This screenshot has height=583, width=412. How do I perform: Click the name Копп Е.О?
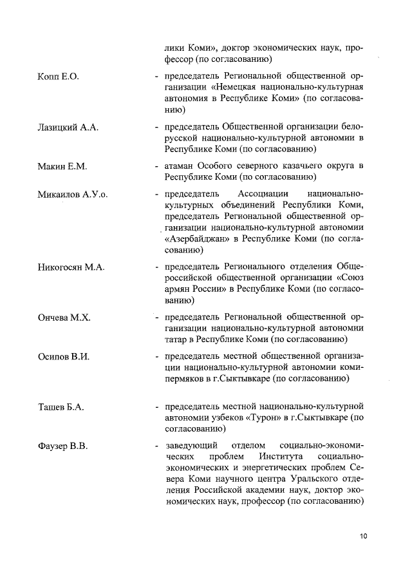[x=58, y=77]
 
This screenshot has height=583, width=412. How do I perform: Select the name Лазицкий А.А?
[x=68, y=128]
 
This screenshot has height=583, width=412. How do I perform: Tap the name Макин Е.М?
[x=62, y=166]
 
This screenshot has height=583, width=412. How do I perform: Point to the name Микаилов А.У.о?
[x=73, y=194]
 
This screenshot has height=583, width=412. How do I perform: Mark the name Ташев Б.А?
[x=61, y=407]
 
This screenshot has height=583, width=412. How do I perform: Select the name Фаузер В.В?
[x=62, y=446]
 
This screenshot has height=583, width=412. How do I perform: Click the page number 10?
[x=364, y=536]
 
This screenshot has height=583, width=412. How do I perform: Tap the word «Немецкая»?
[x=234, y=88]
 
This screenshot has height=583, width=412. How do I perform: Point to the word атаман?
[x=181, y=166]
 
